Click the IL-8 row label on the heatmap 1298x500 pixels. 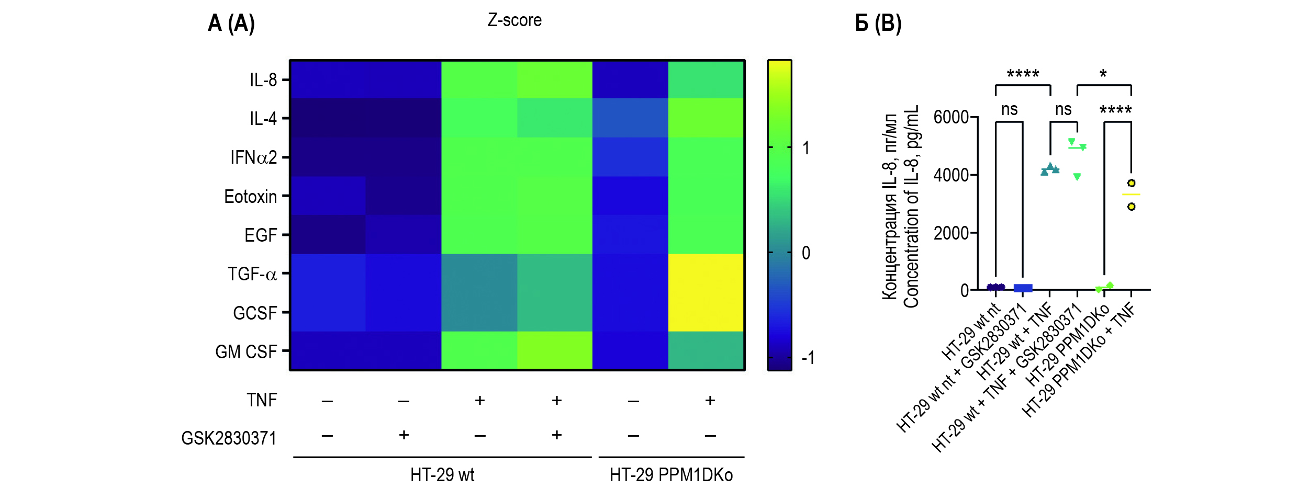point(263,80)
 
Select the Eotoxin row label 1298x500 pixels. point(250,197)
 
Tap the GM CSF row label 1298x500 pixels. point(246,352)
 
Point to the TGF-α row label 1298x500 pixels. point(252,274)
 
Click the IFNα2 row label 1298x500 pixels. point(253,157)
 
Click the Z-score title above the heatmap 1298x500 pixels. point(514,20)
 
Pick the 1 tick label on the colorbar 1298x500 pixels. point(806,148)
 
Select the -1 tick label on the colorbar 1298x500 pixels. point(808,358)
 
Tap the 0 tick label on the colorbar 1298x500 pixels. point(806,253)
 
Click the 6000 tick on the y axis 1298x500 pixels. point(951,117)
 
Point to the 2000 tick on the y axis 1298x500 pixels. point(951,233)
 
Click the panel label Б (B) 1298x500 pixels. point(878,24)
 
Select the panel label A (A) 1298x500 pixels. point(231,24)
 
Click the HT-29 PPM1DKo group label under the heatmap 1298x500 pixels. point(671,475)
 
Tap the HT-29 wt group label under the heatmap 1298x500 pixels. point(442,475)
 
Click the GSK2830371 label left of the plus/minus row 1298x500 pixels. point(229,438)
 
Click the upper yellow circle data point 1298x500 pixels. point(1131,183)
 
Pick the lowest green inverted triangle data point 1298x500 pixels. point(1077,177)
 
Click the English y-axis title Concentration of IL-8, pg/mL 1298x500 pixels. point(911,207)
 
